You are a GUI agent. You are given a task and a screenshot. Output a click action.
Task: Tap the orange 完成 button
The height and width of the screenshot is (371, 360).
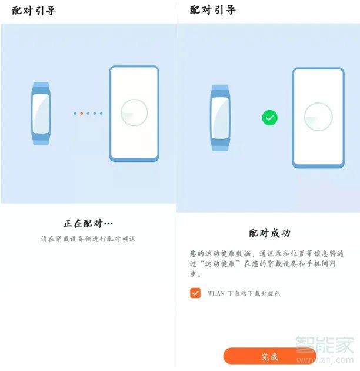269,356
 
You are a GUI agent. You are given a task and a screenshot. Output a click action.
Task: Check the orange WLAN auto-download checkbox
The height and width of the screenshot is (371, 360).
195,293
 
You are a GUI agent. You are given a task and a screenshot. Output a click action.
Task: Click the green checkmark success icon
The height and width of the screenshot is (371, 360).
269,118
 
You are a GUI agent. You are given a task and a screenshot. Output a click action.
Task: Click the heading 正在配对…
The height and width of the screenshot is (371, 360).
88,224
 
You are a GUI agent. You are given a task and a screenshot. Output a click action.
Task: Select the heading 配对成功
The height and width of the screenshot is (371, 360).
269,233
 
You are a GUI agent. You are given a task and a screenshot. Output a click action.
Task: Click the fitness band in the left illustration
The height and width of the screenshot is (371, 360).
41,114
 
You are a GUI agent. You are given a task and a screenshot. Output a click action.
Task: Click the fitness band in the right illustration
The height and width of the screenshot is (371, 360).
220,118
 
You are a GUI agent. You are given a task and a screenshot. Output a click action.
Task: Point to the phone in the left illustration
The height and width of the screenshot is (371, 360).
134,114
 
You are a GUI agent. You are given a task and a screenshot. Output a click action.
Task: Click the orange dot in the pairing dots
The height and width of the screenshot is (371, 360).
81,113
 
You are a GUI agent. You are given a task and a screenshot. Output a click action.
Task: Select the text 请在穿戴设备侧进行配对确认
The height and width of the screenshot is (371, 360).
88,240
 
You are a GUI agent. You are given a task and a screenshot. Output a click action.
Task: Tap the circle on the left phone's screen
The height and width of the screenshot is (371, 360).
134,112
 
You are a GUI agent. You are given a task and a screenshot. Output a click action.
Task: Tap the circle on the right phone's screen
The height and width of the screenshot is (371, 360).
318,117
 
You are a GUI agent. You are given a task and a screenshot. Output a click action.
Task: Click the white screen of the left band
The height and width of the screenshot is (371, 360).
41,114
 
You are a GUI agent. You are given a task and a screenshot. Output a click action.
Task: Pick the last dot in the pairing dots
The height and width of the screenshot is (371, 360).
101,113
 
